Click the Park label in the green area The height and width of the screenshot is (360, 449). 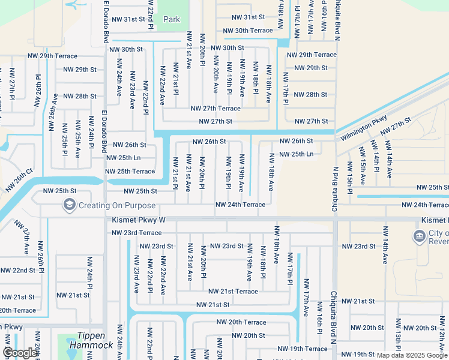tap(172, 19)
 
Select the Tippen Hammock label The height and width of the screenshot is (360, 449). tap(91, 340)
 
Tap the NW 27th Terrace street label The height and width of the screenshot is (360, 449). tap(215, 109)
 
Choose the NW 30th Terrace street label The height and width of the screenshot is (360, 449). tap(247, 31)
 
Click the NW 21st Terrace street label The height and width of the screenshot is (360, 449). tap(233, 291)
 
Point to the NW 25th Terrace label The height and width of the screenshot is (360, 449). tap(130, 171)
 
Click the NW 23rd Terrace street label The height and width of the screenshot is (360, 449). tap(136, 233)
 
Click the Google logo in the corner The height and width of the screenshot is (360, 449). tap(20, 353)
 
